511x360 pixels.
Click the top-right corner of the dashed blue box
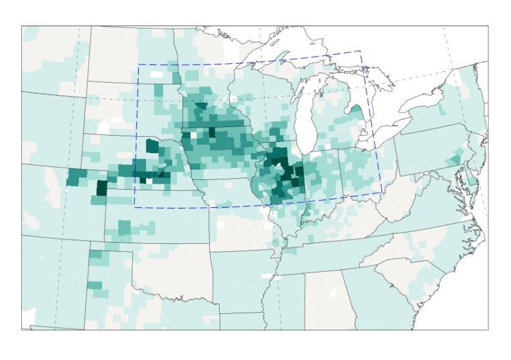pyautogui.click(x=360, y=52)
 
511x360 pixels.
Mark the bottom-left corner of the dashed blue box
pyautogui.click(x=134, y=207)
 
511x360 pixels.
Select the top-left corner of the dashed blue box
pyautogui.click(x=138, y=64)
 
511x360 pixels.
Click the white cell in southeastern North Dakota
pyautogui.click(x=157, y=74)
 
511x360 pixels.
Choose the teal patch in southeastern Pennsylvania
pyautogui.click(x=453, y=159)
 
